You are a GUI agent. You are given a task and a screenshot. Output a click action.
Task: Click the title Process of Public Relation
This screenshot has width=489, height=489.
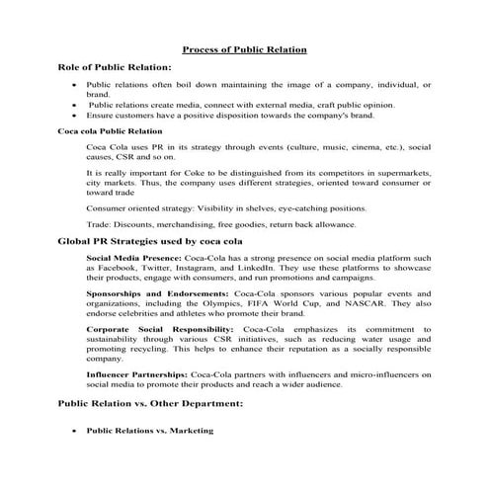[x=245, y=48]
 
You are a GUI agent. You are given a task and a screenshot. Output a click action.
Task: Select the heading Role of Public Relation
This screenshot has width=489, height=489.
[x=116, y=67]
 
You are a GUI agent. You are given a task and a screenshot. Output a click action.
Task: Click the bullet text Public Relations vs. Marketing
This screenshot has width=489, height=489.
[x=149, y=431]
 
